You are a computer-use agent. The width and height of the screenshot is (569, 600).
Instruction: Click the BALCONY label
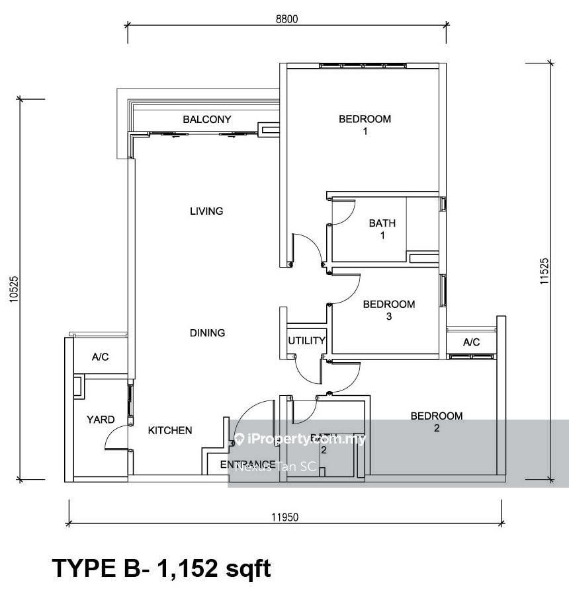click(x=207, y=120)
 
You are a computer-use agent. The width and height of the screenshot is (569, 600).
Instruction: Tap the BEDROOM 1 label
click(x=365, y=125)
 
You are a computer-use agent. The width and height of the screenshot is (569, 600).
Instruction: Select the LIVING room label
click(x=206, y=211)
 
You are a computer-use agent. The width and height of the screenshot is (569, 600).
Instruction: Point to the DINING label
click(x=207, y=333)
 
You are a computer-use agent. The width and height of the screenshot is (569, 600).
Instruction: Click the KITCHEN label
click(x=170, y=430)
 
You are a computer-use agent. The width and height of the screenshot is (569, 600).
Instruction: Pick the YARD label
click(x=101, y=420)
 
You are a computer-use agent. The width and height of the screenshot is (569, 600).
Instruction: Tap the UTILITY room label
click(x=306, y=341)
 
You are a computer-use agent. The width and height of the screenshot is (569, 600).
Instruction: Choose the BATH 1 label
click(x=382, y=229)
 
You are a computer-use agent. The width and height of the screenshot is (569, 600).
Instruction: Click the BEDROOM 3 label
click(x=389, y=310)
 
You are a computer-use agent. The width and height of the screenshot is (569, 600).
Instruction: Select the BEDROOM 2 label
click(x=437, y=422)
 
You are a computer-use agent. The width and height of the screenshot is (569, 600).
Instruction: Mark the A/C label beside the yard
click(x=100, y=357)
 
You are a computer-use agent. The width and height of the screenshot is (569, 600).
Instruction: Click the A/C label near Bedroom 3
click(x=471, y=342)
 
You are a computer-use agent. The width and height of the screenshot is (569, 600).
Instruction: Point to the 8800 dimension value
click(x=287, y=19)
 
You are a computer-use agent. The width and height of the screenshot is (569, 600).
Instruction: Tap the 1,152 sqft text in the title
click(x=213, y=568)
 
